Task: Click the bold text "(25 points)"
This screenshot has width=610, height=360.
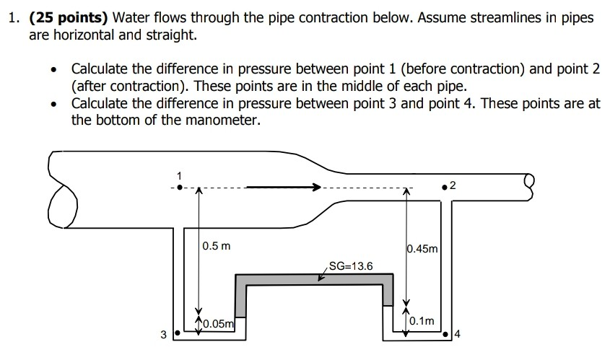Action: point(69,18)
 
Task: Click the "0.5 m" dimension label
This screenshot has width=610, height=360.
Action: point(217,246)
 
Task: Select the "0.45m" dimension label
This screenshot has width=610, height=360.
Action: point(422,249)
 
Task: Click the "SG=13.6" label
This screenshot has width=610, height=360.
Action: point(351,266)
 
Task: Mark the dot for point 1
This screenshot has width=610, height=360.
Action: point(180,188)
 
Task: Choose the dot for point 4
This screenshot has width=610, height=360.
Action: point(453,335)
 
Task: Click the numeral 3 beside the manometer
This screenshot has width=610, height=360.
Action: point(162,335)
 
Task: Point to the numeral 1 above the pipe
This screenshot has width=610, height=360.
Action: point(180,175)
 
